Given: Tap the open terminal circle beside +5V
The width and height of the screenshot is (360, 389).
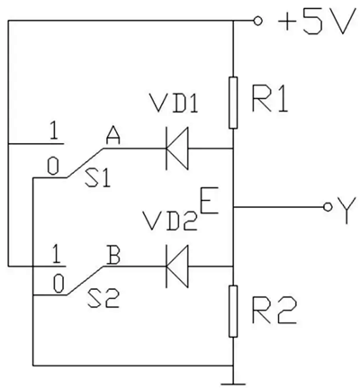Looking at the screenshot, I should tap(259, 20).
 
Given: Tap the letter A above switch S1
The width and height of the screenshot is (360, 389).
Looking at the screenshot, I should tap(113, 135).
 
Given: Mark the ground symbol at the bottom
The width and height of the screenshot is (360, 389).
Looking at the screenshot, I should tap(233, 376).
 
